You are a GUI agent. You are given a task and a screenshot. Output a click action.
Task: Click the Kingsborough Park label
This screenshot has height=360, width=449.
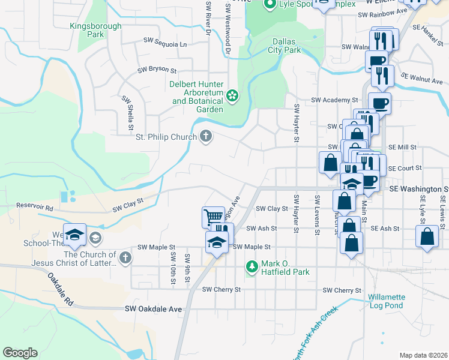pos(95,30)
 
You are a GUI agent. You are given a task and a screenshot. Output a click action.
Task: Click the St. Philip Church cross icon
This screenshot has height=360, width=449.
pos(205,137)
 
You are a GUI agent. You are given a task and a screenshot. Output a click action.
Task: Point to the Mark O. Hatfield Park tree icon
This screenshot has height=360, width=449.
pos(252,266)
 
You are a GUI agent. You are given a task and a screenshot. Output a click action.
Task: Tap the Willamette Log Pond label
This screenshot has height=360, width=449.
pos(387,301)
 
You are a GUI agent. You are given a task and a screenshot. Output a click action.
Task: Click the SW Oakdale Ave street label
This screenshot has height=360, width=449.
pos(153,309)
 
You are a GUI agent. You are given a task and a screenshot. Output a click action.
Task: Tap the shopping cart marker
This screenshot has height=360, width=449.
pos(212,216)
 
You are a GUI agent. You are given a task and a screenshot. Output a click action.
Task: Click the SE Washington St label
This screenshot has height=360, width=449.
pos(418,188)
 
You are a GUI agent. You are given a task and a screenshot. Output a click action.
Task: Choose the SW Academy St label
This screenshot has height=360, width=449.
pos(334,100)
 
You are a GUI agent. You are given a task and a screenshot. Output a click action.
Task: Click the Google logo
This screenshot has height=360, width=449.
pos(20,353)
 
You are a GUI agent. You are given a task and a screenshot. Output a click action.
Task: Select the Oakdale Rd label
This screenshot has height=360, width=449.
pos(61,289)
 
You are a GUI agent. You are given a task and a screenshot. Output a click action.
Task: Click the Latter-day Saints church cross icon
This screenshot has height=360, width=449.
pos(125,258)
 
